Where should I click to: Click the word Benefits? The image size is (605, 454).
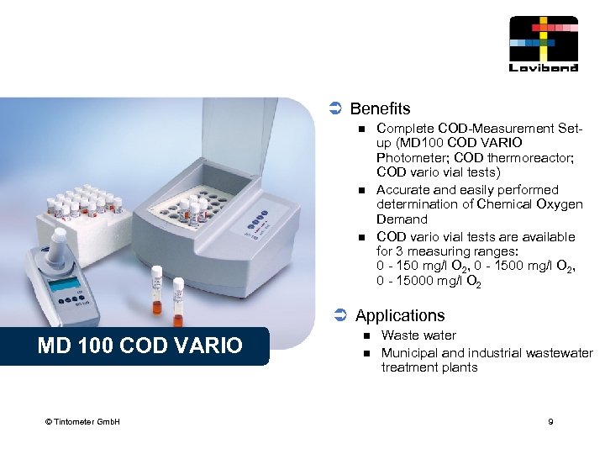tap(380, 108)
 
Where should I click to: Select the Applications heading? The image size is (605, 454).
tap(400, 315)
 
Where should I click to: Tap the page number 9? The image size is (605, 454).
tap(550, 421)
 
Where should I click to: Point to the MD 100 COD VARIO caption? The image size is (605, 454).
tap(139, 345)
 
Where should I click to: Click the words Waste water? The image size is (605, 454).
tap(418, 335)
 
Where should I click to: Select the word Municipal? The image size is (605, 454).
tap(409, 352)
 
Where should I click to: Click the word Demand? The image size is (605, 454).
tap(402, 219)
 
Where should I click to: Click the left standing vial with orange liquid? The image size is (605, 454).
tap(156, 291)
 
